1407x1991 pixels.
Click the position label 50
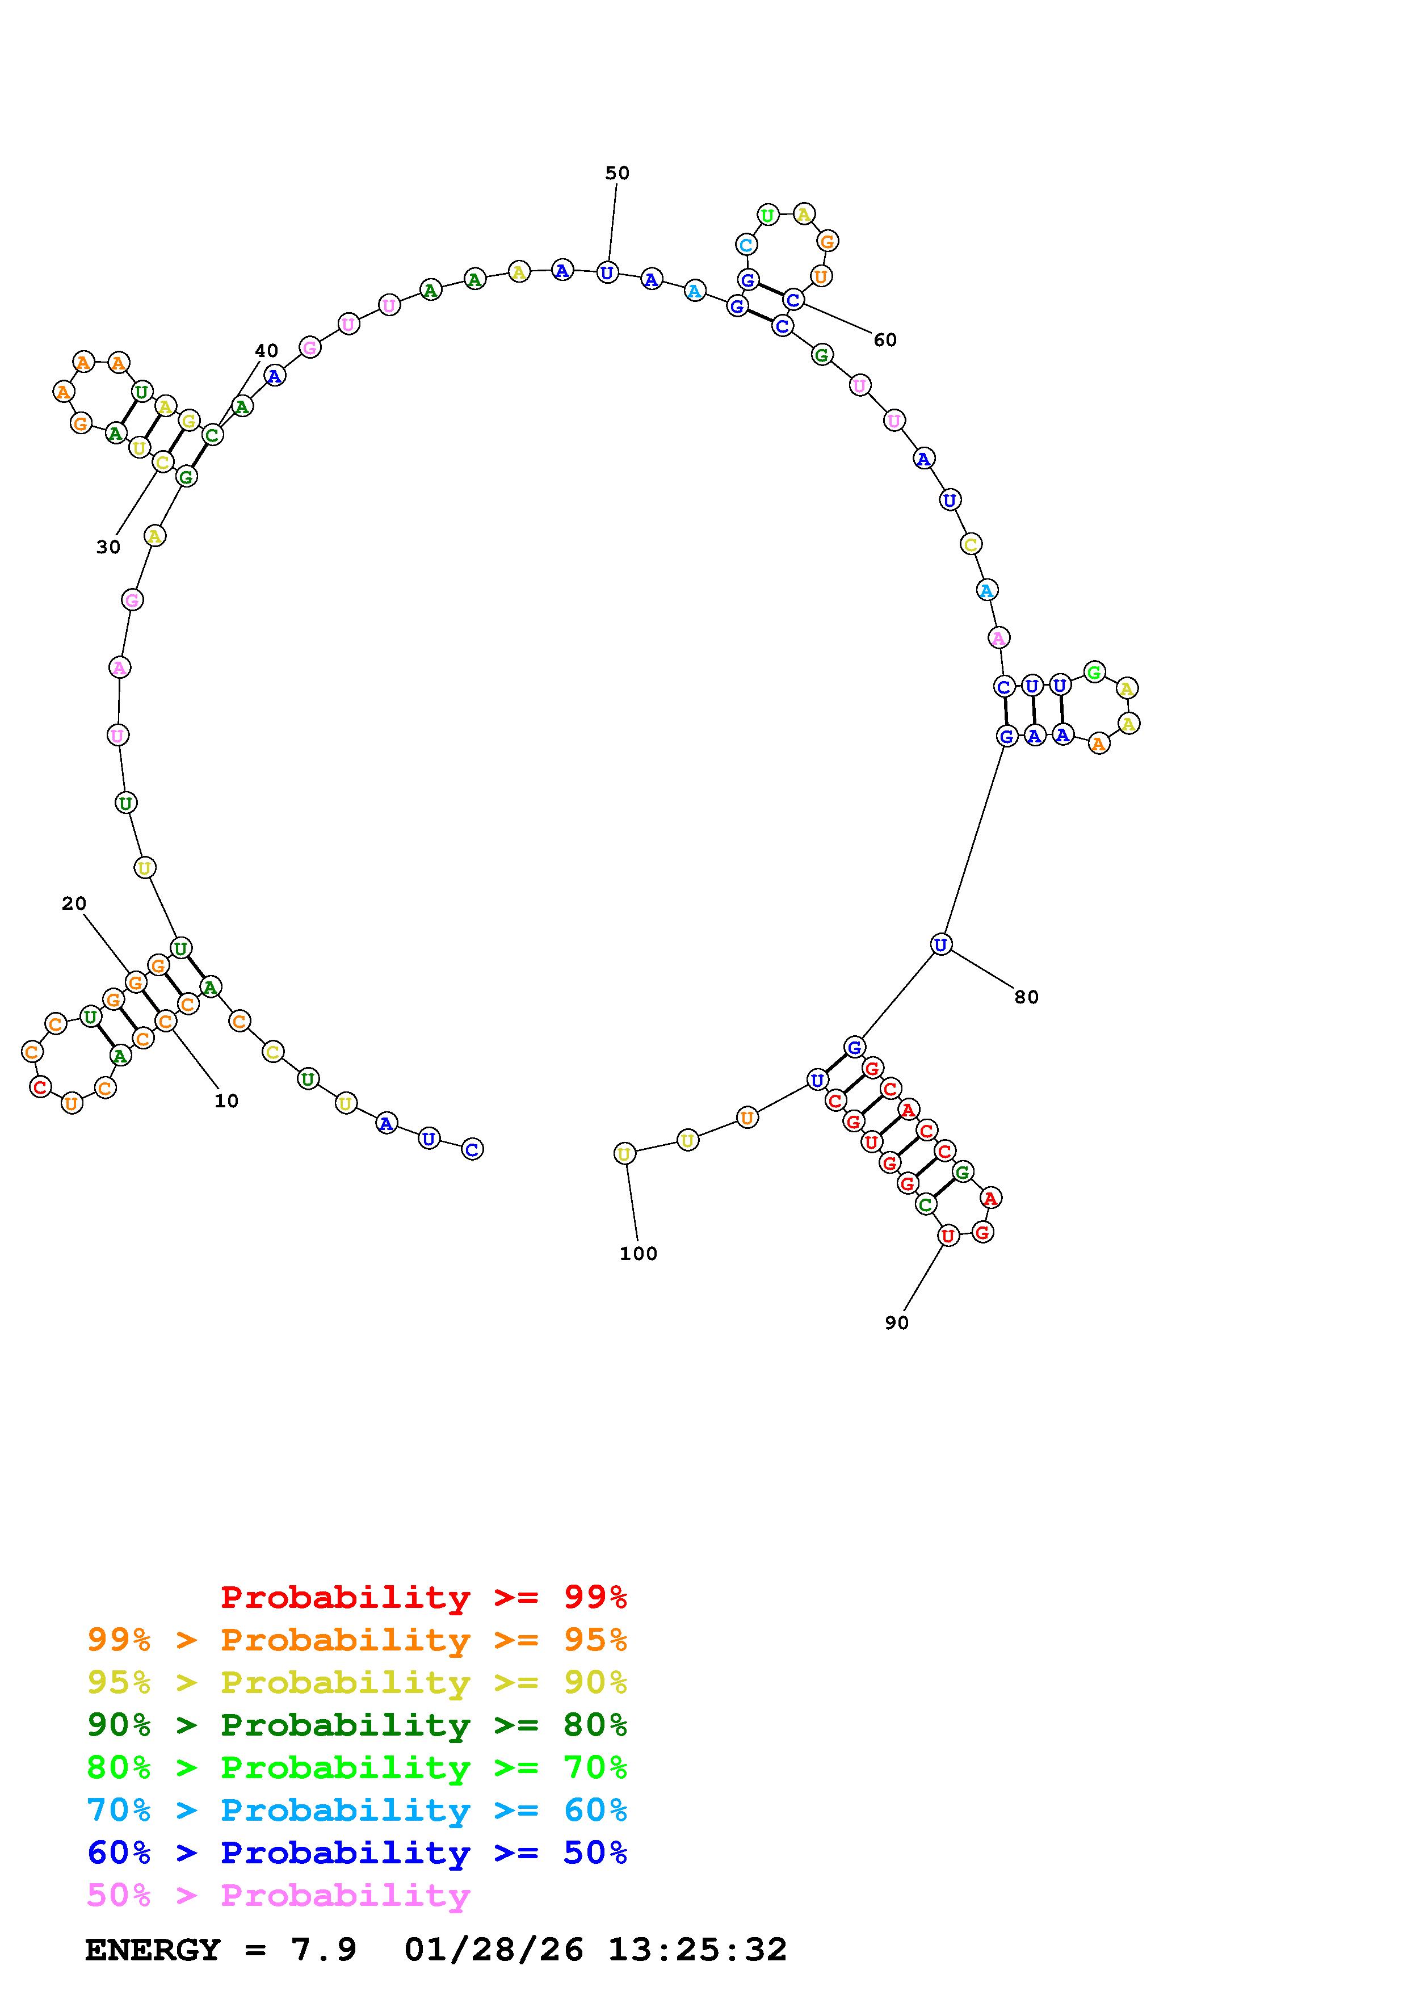tap(618, 174)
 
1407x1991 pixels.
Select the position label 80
tap(1026, 997)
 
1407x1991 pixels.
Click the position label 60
tap(885, 340)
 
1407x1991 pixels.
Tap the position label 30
tap(108, 547)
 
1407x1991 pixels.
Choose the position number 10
tap(226, 1100)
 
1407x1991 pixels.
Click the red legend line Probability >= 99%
tap(424, 1597)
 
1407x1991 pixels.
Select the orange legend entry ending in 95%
tap(357, 1639)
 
